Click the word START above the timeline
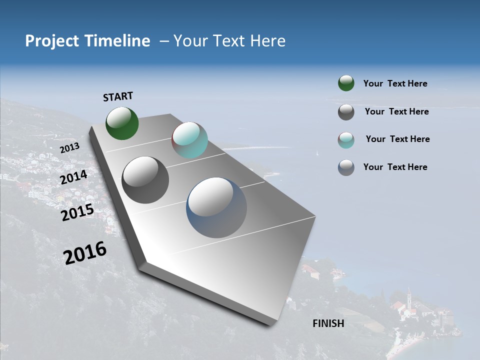tap(118, 96)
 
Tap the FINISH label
tap(328, 323)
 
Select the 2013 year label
tap(69, 148)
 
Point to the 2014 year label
tap(73, 177)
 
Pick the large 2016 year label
tap(85, 253)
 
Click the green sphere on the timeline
tap(122, 123)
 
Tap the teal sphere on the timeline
tap(189, 140)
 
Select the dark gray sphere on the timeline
tap(145, 180)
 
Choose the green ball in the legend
tap(346, 83)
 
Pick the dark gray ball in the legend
tap(346, 112)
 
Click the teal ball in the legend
tap(346, 140)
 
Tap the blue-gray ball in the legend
tap(346, 167)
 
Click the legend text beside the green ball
tap(395, 83)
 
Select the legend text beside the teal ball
tap(397, 139)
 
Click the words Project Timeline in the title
tap(87, 41)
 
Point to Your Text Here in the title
tap(229, 41)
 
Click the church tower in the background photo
tap(409, 299)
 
